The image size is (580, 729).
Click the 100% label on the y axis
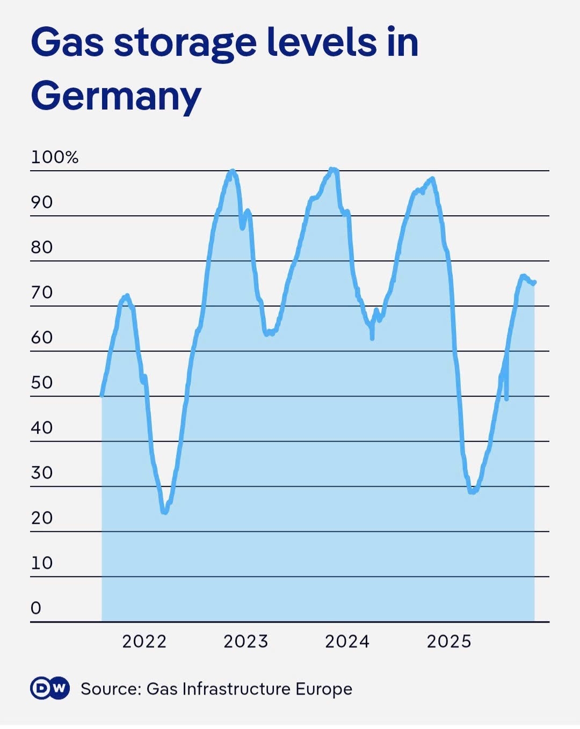pos(55,157)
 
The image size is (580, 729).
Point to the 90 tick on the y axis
pos(42,202)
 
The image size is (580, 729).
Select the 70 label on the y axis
pos(42,293)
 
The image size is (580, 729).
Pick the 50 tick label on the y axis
pos(42,383)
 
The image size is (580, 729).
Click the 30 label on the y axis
pos(42,473)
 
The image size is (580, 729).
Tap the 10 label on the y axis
pos(42,563)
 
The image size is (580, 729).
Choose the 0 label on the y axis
pos(36,608)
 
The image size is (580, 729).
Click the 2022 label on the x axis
pos(144,641)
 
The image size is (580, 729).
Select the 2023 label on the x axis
pos(246,641)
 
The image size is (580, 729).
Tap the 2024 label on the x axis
pos(347,641)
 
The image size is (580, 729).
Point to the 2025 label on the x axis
pos(449,641)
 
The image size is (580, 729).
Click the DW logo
pos(50,689)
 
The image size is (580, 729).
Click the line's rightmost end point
pos(534,282)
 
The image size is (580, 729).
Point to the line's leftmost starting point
pos(102,396)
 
